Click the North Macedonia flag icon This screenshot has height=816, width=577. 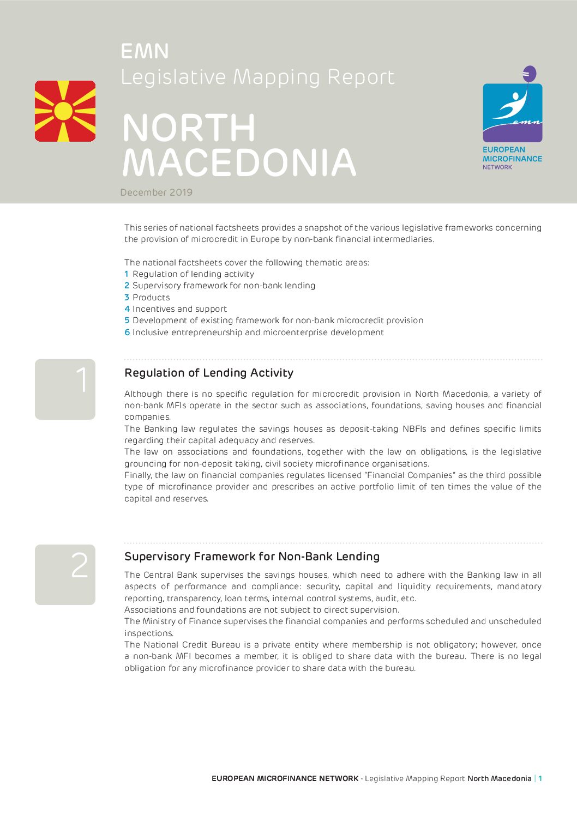[x=65, y=111]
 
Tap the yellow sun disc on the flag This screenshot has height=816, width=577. [x=63, y=111]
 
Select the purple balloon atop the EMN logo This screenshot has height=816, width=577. [x=530, y=74]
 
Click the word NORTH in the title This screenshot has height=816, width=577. [x=189, y=129]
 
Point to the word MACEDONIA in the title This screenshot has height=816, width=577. [x=239, y=162]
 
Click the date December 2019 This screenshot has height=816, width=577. [x=157, y=192]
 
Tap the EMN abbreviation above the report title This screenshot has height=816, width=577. [x=145, y=51]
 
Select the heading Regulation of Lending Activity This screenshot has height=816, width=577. [x=209, y=373]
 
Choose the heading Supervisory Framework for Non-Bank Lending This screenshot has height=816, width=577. [x=252, y=557]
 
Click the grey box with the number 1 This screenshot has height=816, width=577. [x=65, y=389]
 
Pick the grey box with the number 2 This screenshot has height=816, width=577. [x=65, y=575]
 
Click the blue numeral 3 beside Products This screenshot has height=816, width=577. [x=127, y=298]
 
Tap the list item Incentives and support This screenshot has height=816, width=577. [x=179, y=309]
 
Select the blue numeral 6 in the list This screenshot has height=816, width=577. [x=127, y=333]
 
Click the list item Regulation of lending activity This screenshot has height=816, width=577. [x=193, y=274]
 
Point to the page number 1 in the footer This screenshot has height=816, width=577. [x=540, y=778]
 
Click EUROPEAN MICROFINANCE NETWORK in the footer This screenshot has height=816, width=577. [x=285, y=778]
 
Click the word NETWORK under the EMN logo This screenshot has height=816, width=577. [x=497, y=167]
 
